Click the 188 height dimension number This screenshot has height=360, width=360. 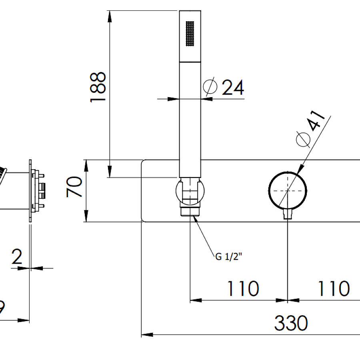pyautogui.click(x=98, y=88)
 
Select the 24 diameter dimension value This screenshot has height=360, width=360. pyautogui.click(x=233, y=88)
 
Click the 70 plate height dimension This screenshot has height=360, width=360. pyautogui.click(x=75, y=187)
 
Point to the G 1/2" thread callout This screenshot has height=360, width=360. pyautogui.click(x=229, y=257)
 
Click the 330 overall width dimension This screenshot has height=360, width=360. pyautogui.click(x=291, y=323)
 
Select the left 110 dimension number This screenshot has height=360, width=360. pyautogui.click(x=243, y=288)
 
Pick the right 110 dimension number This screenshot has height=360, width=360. pyautogui.click(x=333, y=288)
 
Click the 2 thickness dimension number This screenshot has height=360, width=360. pyautogui.click(x=17, y=257)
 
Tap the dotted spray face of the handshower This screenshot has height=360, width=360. pyautogui.click(x=189, y=34)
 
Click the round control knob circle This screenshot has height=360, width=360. pyautogui.click(x=288, y=191)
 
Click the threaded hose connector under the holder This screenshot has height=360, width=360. pyautogui.click(x=191, y=211)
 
